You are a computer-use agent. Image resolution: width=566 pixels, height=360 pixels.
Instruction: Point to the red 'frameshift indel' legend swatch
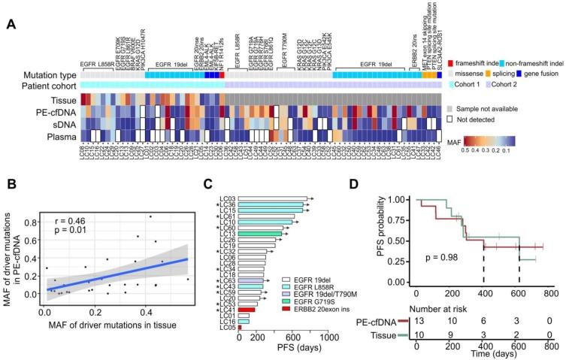(x=449, y=65)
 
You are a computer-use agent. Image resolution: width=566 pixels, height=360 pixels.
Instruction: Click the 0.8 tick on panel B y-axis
(x=31, y=223)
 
